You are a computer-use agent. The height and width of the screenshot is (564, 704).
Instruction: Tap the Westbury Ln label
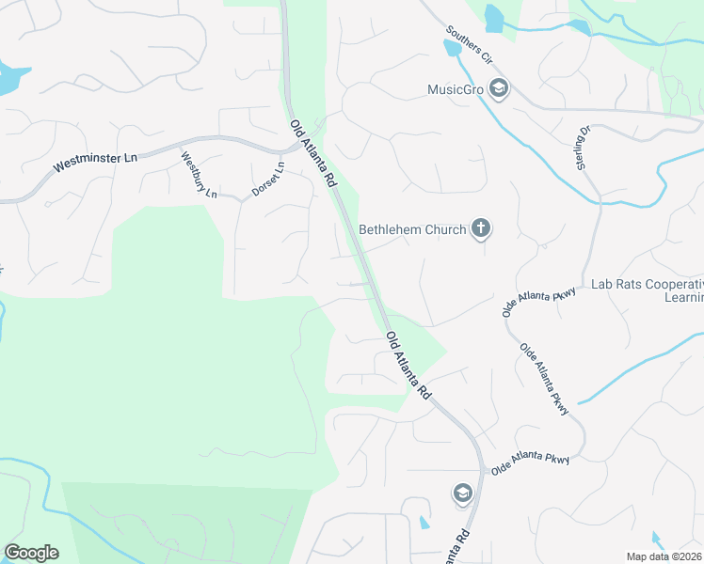point(200,176)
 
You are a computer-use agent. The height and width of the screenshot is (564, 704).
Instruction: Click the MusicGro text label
point(455,90)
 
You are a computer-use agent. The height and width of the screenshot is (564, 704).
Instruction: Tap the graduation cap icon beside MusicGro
point(498,89)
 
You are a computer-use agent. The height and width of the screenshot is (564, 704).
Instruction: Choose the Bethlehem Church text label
point(412,229)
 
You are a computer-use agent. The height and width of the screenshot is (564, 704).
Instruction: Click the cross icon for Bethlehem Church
point(481,227)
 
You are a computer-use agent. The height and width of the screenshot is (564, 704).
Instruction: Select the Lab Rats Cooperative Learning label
point(647,290)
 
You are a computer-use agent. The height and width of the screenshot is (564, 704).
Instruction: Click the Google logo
point(31,553)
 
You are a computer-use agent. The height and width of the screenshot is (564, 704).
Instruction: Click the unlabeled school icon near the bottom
point(462,493)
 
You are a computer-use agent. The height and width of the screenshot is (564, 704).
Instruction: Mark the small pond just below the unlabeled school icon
point(424,522)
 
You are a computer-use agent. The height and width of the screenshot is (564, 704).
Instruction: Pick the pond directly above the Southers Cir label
point(493,17)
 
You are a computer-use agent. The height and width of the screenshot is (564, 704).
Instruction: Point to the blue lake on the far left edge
point(9,79)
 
